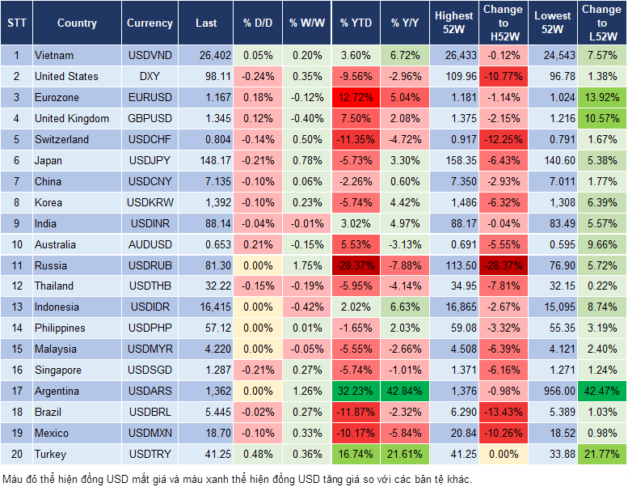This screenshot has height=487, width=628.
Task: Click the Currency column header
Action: (150, 23)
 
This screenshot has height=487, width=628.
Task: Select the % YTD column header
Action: (356, 23)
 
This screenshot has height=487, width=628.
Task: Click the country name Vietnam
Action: (54, 56)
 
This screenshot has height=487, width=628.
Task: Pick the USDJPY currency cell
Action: (150, 160)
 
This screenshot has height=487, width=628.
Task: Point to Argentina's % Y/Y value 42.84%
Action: (406, 391)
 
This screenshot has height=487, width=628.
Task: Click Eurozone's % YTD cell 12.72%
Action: (356, 98)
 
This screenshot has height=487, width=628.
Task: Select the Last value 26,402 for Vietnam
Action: (206, 56)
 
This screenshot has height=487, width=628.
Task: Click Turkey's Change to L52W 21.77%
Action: (602, 454)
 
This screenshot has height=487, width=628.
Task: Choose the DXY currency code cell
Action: (150, 77)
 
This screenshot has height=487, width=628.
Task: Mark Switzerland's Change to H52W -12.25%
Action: (502, 139)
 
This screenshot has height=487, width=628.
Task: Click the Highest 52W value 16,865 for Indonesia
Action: (454, 307)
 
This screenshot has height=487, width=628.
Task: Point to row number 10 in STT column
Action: (15, 244)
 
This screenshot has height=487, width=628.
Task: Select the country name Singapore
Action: (57, 370)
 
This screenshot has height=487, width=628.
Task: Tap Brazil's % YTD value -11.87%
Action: (356, 412)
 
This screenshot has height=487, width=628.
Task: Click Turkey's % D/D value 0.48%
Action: (257, 454)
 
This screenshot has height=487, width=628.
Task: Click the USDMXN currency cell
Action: (150, 433)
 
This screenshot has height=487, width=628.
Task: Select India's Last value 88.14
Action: (206, 223)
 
